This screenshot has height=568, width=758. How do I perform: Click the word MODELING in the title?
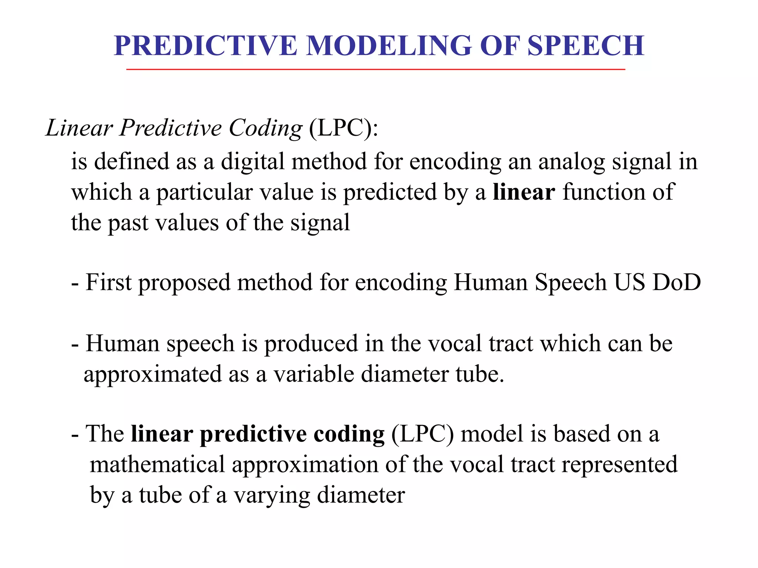389,46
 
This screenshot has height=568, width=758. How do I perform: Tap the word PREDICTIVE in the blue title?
206,46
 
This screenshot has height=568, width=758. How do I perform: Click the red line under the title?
375,70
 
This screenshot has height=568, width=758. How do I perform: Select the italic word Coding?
266,128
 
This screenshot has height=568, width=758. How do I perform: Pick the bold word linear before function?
524,192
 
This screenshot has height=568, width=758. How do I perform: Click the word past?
128,223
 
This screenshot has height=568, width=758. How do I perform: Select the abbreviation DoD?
677,283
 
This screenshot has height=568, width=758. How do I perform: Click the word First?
108,283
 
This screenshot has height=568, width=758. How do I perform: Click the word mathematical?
157,465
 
